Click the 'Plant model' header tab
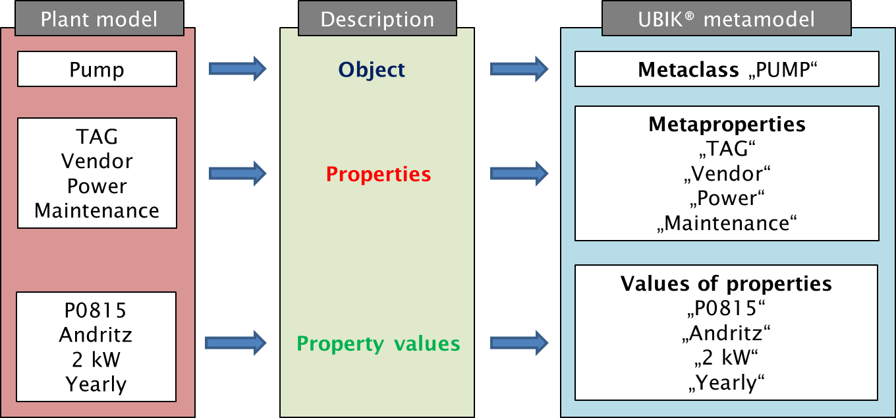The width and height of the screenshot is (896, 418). pos(99,19)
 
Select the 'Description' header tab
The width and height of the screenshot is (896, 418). pos(377,19)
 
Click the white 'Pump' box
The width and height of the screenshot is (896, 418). pos(97,69)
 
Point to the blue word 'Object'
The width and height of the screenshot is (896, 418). pos(372,69)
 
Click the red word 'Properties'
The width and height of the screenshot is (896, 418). pos(378,174)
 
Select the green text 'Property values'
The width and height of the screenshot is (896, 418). pos(378,343)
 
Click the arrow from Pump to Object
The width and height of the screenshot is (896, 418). pos(237,68)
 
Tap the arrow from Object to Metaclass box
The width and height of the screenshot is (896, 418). pos(519,68)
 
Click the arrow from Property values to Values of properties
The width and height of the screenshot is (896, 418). pos(519,342)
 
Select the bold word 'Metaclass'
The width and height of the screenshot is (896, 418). pos(688,70)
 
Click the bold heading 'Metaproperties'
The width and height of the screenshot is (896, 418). pos(727,124)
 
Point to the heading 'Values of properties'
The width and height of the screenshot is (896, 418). pos(726,284)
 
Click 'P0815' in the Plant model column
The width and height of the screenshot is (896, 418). pos(96,310)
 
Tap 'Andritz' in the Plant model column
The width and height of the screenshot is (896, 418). pos(96,335)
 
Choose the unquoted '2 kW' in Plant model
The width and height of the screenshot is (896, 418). pos(96,359)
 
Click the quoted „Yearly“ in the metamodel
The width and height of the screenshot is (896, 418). pos(726,383)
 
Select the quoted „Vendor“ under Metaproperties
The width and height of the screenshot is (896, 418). pos(727,174)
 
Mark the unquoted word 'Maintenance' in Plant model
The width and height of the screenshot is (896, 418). pos(97,211)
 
